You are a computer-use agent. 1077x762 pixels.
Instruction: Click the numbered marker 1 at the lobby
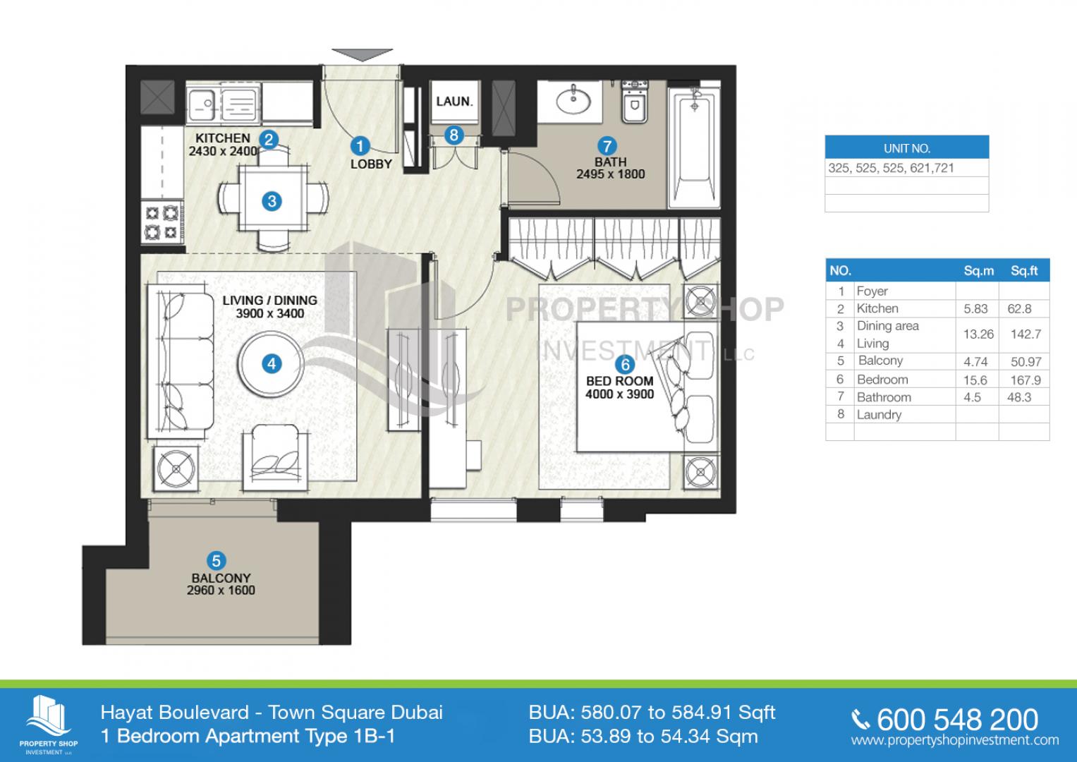360,146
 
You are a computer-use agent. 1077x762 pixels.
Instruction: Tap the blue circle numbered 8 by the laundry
454,135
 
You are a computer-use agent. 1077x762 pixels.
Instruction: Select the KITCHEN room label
223,138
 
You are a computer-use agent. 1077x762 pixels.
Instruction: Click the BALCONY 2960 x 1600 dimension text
221,591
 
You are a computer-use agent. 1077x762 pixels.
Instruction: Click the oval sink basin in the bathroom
573,100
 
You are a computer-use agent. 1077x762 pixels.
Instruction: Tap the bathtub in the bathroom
694,145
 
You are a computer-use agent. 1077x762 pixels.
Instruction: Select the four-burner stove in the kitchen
162,223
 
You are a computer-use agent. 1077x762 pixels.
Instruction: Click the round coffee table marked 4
272,363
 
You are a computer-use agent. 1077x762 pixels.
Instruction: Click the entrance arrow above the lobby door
362,54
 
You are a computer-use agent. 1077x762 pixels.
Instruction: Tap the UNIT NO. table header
907,147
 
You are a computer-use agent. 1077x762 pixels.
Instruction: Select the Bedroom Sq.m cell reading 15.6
975,380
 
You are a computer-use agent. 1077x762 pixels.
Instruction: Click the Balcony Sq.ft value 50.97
1026,362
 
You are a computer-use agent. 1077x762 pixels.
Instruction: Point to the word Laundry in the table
879,415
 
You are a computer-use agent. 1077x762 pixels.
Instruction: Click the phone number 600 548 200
957,719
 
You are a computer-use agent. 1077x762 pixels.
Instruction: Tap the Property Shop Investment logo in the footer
49,724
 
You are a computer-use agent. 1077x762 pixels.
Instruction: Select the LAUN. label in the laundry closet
454,102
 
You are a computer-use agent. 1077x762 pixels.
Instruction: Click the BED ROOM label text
619,381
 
